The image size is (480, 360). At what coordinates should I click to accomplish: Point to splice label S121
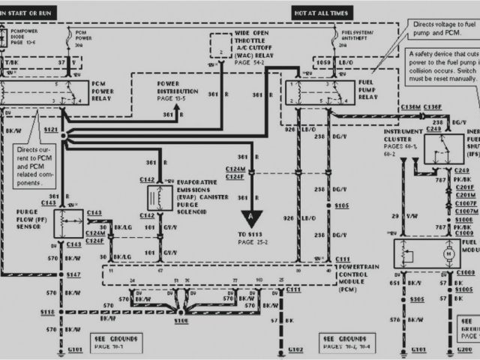(51, 130)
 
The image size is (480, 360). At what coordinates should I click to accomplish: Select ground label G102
(294, 349)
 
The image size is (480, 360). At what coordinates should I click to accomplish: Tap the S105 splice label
(342, 205)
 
